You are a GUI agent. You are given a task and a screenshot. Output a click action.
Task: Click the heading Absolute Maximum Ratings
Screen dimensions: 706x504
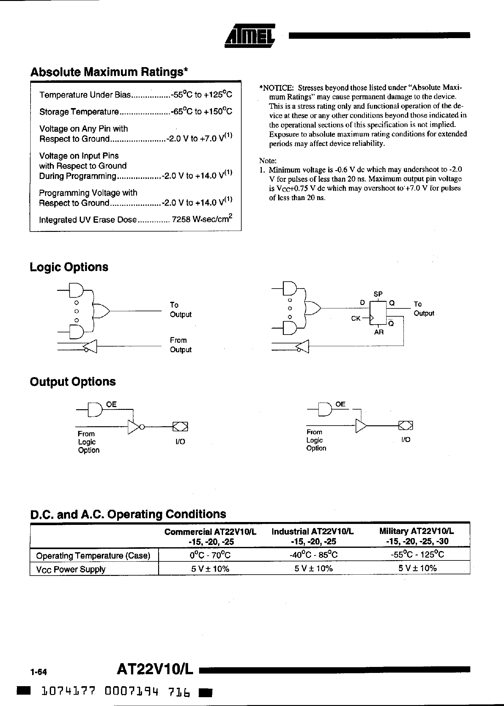[109, 72]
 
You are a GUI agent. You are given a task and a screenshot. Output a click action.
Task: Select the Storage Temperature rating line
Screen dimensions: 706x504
[136, 112]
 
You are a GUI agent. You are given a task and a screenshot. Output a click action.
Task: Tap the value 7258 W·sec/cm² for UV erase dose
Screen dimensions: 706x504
[202, 219]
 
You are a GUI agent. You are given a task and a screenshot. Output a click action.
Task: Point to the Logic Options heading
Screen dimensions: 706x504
[69, 267]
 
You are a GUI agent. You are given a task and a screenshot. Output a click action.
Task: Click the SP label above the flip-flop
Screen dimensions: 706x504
[378, 294]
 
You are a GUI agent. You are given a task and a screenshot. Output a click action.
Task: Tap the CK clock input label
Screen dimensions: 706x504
[356, 319]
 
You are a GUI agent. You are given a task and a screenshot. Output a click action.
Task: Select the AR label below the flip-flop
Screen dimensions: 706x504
[379, 332]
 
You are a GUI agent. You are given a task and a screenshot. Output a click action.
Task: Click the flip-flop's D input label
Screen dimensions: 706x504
[362, 303]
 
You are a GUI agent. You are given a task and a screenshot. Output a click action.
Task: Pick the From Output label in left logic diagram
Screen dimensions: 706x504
[180, 345]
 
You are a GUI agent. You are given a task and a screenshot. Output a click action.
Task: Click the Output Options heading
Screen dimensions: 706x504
[73, 382]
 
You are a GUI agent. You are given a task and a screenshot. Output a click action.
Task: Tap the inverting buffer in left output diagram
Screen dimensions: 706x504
[135, 427]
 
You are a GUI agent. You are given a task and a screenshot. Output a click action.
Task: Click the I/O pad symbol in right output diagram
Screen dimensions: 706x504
[405, 426]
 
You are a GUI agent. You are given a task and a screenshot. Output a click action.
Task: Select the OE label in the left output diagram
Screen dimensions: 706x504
[111, 404]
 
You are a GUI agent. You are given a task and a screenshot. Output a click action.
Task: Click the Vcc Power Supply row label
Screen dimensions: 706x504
[71, 569]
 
